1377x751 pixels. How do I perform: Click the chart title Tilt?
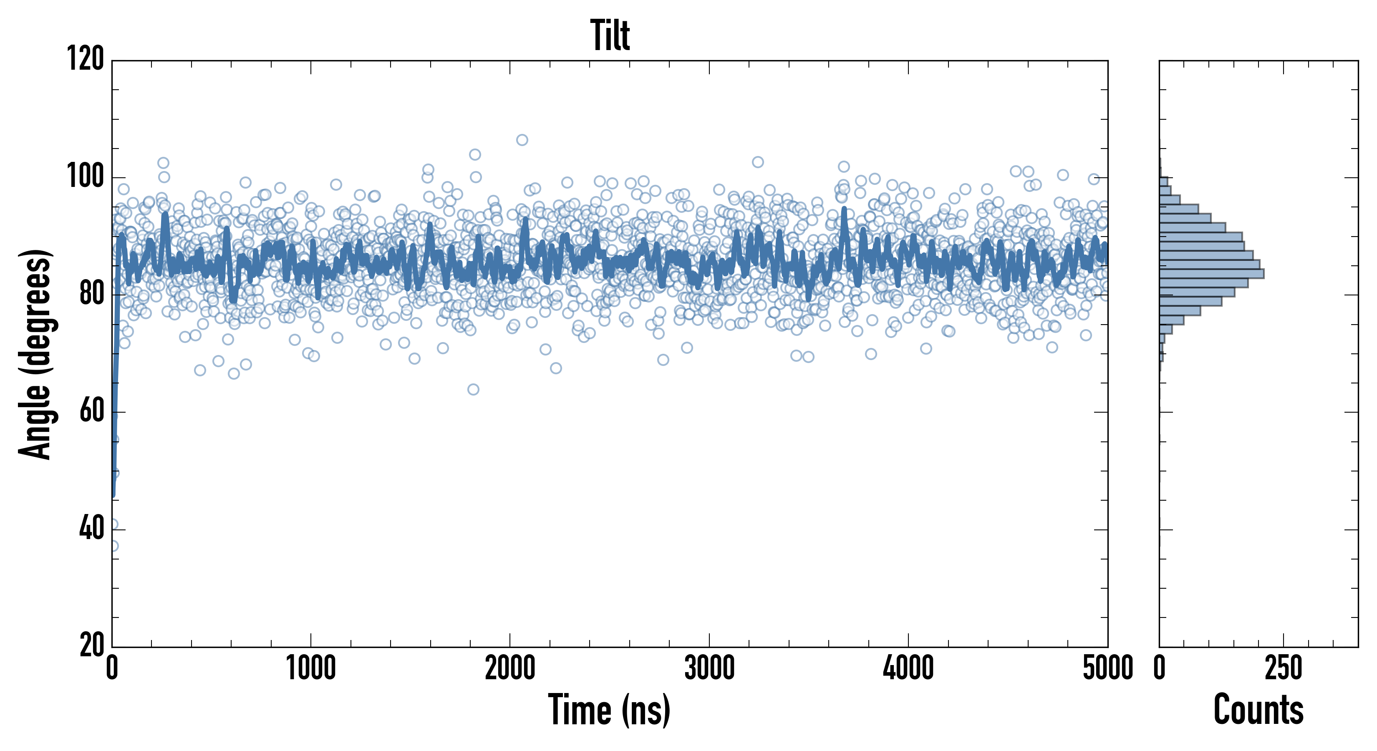tap(610, 35)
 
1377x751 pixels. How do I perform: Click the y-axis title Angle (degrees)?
tap(35, 354)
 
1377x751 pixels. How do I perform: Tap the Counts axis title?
tap(1258, 709)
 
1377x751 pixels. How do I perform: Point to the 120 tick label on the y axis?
tap(86, 58)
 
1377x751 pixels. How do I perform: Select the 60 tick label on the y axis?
tap(91, 411)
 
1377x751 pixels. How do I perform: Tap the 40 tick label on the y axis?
tap(91, 529)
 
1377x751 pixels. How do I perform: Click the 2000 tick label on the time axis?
tap(510, 668)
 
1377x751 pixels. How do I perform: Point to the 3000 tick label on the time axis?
tap(709, 668)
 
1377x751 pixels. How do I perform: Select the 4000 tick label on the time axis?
tap(908, 668)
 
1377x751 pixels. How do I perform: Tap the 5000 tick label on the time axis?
tap(1107, 668)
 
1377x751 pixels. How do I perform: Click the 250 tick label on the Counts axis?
tap(1284, 668)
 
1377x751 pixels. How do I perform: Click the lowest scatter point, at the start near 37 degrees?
tap(113, 546)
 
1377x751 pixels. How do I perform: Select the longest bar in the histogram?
tap(1211, 274)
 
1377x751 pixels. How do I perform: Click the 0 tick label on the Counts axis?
tap(1160, 668)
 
